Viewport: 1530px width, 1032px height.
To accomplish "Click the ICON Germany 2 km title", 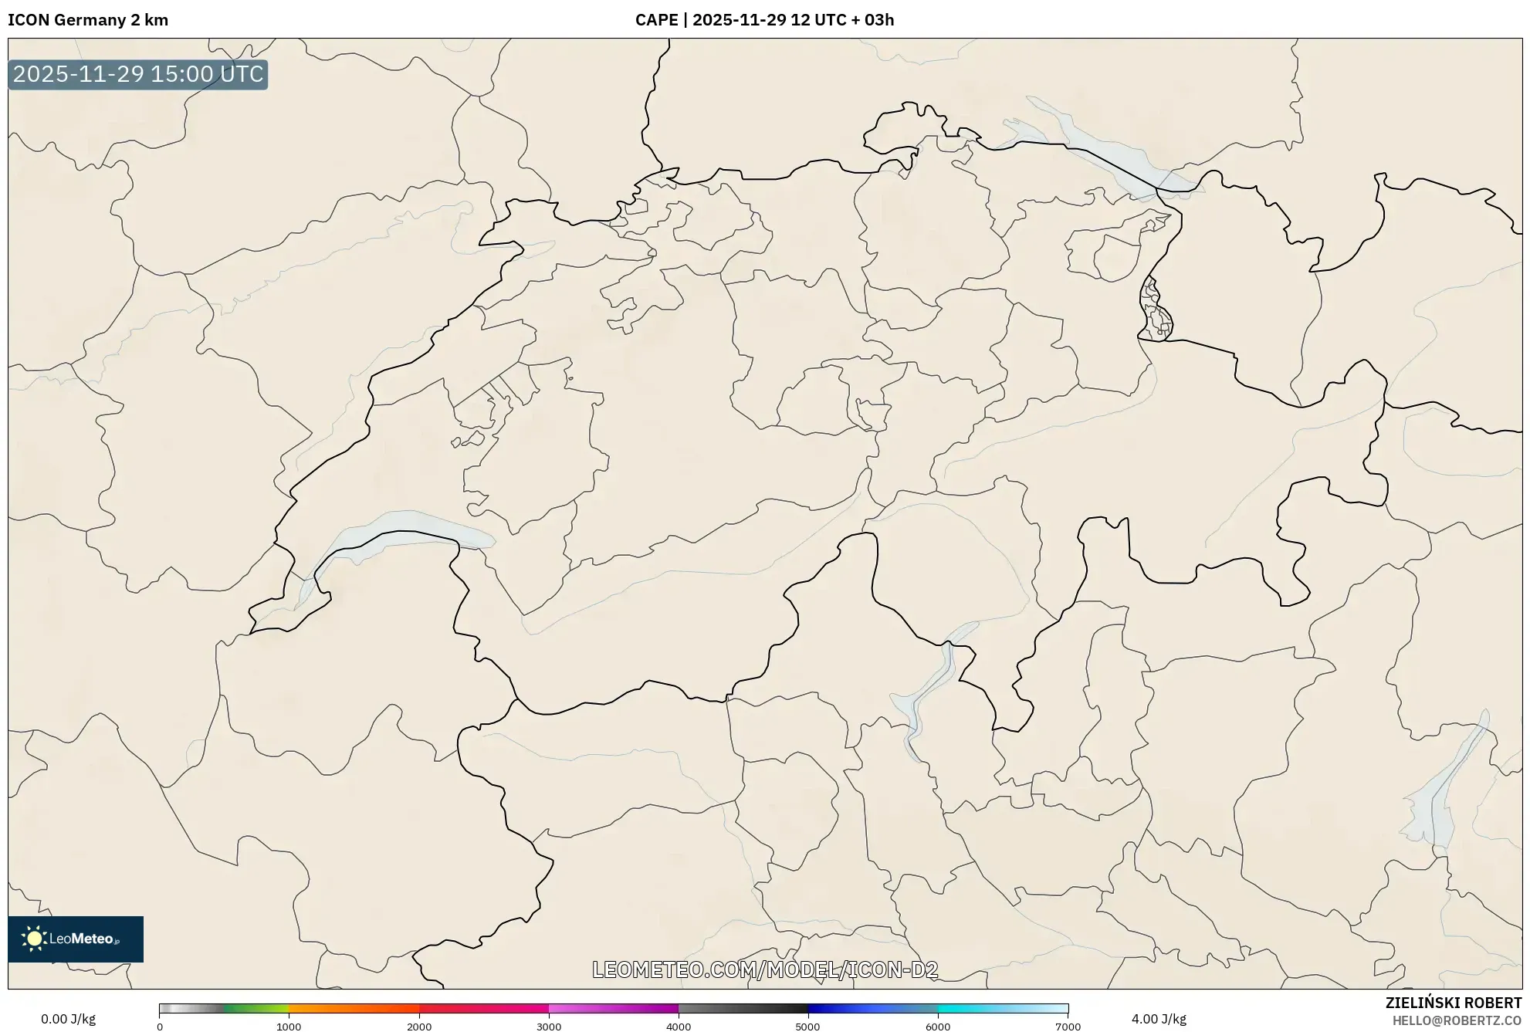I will [88, 20].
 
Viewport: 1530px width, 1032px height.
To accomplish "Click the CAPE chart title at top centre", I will [764, 20].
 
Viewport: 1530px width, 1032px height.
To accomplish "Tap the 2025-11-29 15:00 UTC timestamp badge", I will [138, 74].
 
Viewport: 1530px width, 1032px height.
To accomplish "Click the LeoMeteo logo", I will [76, 939].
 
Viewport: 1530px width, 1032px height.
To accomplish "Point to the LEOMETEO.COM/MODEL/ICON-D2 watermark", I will [765, 969].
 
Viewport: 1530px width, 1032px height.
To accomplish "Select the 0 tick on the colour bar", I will [160, 1027].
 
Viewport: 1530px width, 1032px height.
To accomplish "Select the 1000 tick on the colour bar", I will [289, 1027].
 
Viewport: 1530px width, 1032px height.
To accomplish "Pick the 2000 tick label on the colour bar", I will [419, 1027].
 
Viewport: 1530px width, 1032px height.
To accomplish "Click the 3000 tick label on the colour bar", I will [549, 1027].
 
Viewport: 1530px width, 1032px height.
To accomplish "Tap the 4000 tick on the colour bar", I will [679, 1027].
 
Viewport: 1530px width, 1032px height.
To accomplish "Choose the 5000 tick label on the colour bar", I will [808, 1027].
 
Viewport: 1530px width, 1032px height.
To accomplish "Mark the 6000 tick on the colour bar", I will [938, 1027].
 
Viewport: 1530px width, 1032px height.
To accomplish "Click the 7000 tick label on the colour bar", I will [1068, 1027].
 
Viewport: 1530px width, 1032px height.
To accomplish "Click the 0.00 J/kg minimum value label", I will [68, 1019].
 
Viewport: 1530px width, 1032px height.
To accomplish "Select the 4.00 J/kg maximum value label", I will [1159, 1019].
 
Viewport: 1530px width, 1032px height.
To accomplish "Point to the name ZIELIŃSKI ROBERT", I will [1453, 1003].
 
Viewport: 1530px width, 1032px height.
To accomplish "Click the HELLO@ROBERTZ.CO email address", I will [1457, 1020].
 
